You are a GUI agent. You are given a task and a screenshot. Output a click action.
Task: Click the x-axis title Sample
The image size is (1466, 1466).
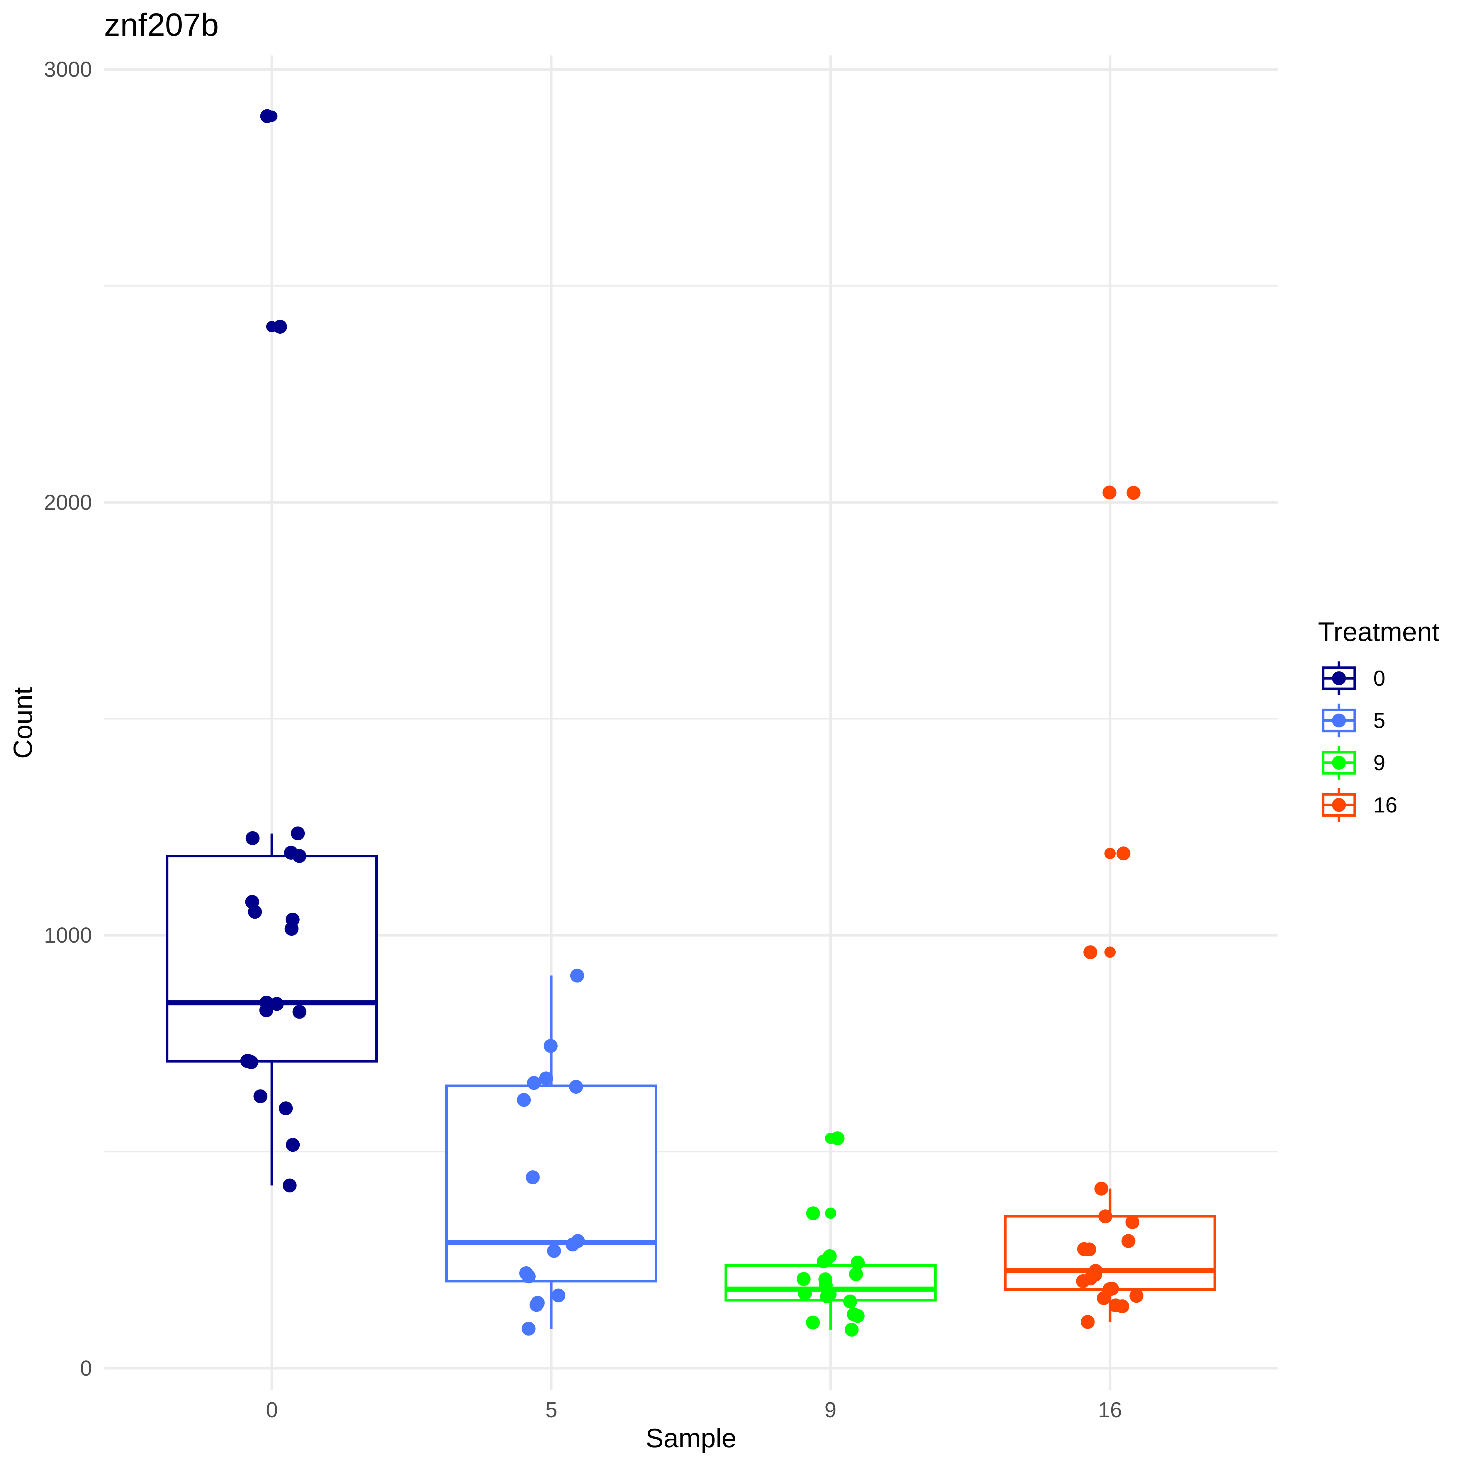(x=690, y=1438)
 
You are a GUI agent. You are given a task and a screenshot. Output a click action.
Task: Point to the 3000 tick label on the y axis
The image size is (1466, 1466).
(x=67, y=70)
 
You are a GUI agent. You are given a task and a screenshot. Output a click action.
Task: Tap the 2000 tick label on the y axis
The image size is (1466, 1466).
(x=67, y=502)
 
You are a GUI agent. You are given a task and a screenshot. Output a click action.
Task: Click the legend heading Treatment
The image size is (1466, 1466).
(x=1378, y=632)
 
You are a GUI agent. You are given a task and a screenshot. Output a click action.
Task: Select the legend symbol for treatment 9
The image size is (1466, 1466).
(x=1338, y=763)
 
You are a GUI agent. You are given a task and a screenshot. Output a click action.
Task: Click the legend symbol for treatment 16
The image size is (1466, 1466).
(x=1338, y=805)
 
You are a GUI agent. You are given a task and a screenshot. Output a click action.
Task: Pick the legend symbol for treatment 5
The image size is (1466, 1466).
(x=1338, y=720)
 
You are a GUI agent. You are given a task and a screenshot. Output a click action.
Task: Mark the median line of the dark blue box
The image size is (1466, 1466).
(x=272, y=1002)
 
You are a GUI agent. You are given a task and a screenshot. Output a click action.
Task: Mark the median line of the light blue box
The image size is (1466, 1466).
(x=551, y=1242)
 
